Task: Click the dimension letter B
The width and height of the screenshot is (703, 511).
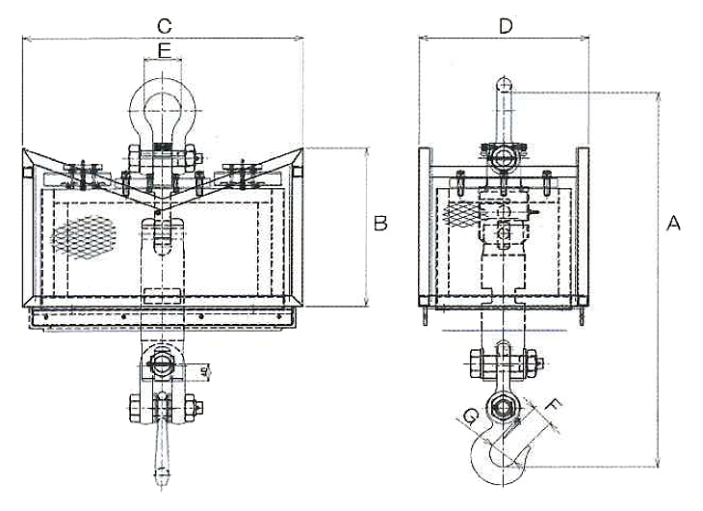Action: point(380,224)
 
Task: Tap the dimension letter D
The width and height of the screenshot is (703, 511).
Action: point(503,25)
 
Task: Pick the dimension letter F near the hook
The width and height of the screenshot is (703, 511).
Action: point(552,406)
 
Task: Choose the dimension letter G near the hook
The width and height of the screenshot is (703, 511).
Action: point(470,417)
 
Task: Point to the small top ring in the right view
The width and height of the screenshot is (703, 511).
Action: point(504,85)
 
